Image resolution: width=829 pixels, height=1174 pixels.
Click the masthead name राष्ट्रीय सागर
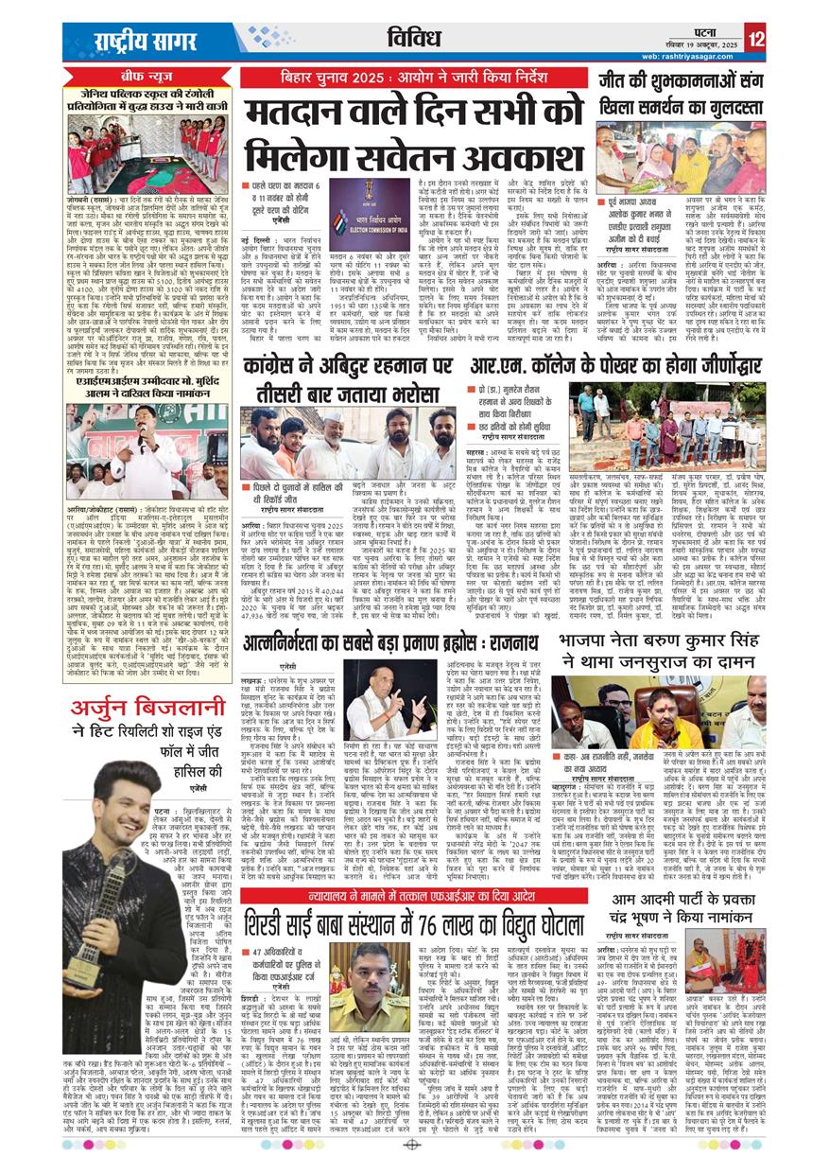[x=132, y=39]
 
